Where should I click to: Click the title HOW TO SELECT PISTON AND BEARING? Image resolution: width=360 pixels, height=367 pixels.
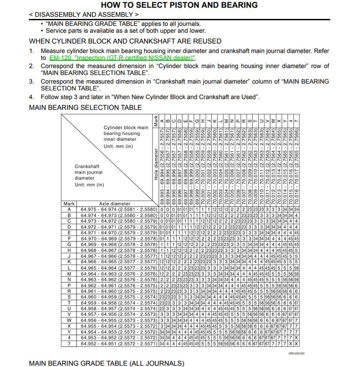click(x=179, y=5)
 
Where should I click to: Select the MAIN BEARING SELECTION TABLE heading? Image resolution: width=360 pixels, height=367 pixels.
click(x=85, y=107)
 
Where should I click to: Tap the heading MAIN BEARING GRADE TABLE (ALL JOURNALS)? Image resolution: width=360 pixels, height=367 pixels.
click(x=106, y=363)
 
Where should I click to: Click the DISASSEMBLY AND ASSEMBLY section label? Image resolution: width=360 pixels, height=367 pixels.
click(x=84, y=14)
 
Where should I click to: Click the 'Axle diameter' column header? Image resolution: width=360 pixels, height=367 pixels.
click(x=114, y=203)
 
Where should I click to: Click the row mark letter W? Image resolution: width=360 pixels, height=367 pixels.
click(x=69, y=320)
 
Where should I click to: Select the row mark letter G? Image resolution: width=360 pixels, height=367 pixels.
click(x=69, y=244)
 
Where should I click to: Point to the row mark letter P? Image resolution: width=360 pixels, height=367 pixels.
click(x=69, y=285)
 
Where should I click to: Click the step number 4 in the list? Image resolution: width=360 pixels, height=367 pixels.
click(x=31, y=97)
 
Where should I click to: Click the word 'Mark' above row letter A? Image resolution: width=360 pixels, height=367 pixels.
click(x=69, y=203)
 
